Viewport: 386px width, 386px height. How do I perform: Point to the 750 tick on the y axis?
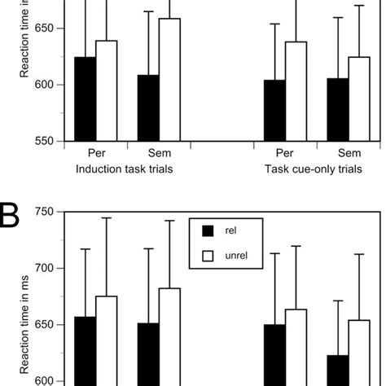[x=45, y=212]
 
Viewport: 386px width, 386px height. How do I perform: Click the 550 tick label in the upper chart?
[x=45, y=142]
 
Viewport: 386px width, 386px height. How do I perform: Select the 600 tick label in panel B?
[x=45, y=380]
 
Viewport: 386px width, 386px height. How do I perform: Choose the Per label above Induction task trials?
[x=97, y=153]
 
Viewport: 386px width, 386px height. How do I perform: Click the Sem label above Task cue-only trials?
[x=349, y=153]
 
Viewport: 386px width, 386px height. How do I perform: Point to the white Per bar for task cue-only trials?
[x=296, y=91]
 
